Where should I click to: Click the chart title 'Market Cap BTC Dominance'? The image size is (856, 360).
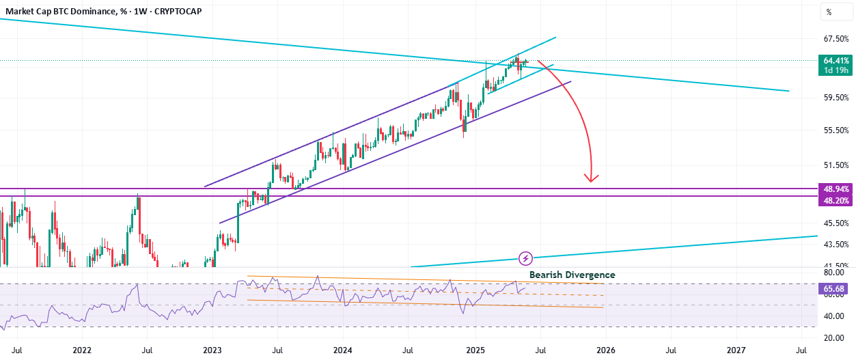click(60, 12)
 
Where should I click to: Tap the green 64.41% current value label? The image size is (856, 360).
click(836, 60)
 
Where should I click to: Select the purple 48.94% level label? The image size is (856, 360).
click(836, 189)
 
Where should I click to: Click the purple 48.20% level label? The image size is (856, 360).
click(836, 200)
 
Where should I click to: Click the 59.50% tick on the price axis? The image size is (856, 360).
click(836, 98)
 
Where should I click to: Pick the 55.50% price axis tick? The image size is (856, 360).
click(836, 130)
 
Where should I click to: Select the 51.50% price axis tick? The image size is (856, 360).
click(836, 165)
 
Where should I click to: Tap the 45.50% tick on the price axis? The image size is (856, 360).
click(836, 223)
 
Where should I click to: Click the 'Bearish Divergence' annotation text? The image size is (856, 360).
click(572, 275)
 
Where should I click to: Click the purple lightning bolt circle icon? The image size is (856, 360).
click(525, 259)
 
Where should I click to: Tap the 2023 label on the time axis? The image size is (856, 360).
click(212, 350)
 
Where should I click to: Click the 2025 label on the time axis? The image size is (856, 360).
click(475, 350)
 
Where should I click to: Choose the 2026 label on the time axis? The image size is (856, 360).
click(606, 350)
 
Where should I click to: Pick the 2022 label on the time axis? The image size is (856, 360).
click(82, 350)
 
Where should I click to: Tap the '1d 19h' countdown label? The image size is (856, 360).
click(836, 70)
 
